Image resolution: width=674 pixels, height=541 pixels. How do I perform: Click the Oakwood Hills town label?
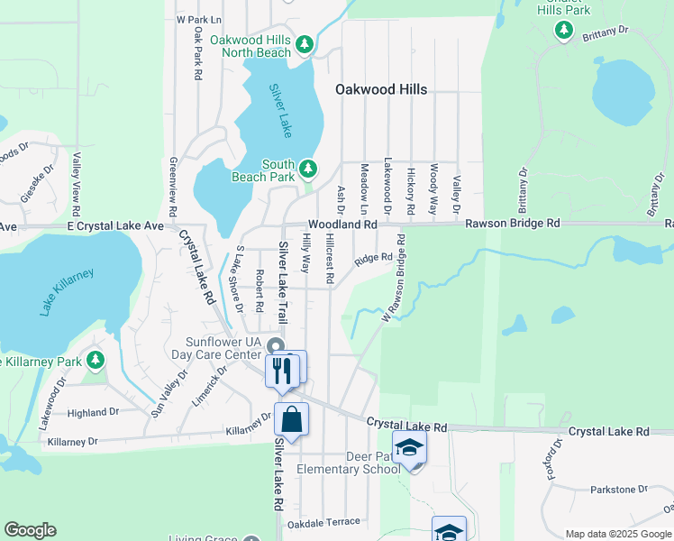point(381,90)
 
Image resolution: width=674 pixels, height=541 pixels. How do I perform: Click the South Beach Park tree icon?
point(308,168)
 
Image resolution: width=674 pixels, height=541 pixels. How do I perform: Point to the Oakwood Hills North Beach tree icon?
point(305,44)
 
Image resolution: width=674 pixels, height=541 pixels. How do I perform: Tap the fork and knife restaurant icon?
point(281,370)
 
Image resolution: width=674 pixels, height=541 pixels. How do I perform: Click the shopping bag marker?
point(292,419)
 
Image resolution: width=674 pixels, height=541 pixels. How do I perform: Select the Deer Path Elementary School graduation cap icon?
point(409,448)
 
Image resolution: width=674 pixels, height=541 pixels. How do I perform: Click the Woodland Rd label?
point(342,224)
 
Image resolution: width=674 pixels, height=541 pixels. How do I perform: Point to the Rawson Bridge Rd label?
point(513,223)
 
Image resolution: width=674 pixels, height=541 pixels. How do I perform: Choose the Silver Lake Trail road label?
point(282,283)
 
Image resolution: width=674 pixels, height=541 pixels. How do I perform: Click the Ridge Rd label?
point(373,260)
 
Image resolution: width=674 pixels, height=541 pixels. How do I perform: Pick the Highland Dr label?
point(93,412)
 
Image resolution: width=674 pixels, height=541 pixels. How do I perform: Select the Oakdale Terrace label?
point(323,522)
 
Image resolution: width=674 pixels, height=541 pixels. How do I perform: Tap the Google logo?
point(30,530)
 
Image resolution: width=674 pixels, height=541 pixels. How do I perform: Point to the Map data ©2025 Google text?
point(617,534)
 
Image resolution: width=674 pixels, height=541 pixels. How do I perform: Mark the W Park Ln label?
point(198,19)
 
